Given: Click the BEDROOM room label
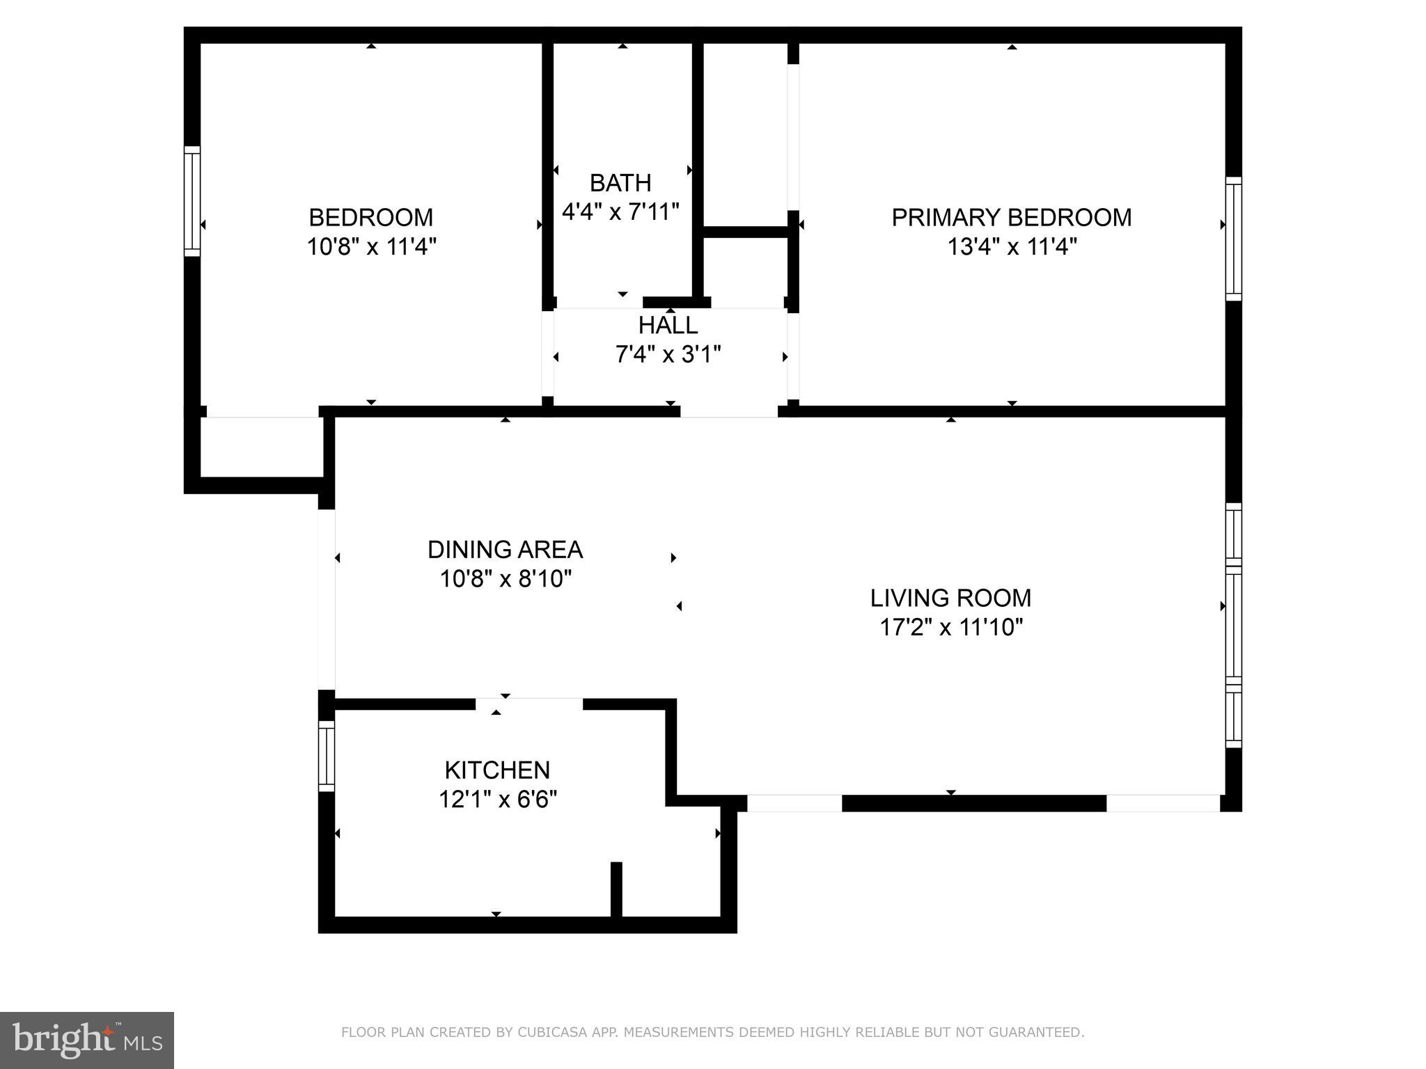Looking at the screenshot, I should [370, 218].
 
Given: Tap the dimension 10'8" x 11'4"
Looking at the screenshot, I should [371, 246].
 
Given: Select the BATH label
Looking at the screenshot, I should [620, 183].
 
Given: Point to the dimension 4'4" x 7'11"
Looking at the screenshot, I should [620, 212].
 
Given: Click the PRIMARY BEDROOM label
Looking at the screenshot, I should [1011, 218].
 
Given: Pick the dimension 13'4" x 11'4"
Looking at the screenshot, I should [1012, 246].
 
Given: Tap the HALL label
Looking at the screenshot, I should [668, 325].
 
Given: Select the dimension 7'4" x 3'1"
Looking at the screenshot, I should [668, 355].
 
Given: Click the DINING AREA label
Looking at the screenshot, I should [505, 550].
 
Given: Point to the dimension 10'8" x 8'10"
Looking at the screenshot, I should [506, 578].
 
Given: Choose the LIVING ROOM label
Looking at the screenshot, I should [950, 598].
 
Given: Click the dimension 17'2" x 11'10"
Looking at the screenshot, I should [950, 627].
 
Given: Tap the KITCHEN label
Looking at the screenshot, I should [497, 770].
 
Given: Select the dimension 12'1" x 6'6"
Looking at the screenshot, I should [497, 799].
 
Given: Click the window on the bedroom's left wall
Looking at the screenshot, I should [192, 201].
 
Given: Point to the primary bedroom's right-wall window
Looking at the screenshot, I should [1233, 239].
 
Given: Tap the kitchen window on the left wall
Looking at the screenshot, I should [327, 756].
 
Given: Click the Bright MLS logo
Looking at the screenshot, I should [87, 1040].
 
